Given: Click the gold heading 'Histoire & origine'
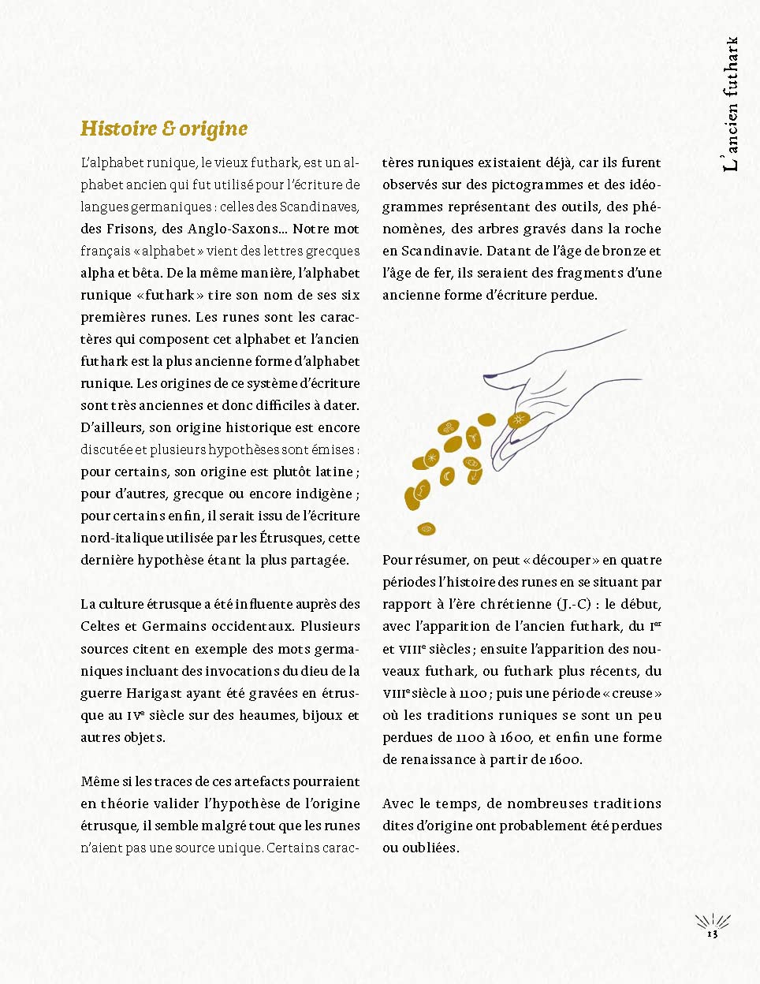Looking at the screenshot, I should (164, 129).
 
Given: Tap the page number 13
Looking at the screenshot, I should (712, 934).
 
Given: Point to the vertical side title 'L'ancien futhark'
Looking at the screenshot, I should (731, 103).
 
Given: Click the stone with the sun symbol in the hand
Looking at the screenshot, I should (519, 419).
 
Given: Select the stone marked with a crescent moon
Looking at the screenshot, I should (447, 477).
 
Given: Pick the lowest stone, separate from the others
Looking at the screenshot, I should (427, 528).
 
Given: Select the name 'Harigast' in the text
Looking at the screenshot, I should (155, 693).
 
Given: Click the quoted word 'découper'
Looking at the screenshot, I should (561, 560).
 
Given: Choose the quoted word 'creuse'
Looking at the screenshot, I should (636, 693).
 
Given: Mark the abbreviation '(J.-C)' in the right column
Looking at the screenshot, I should (577, 604).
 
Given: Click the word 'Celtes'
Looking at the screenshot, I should (100, 626).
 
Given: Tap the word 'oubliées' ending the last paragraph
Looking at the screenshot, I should (430, 848).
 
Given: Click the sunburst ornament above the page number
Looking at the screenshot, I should (712, 921).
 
